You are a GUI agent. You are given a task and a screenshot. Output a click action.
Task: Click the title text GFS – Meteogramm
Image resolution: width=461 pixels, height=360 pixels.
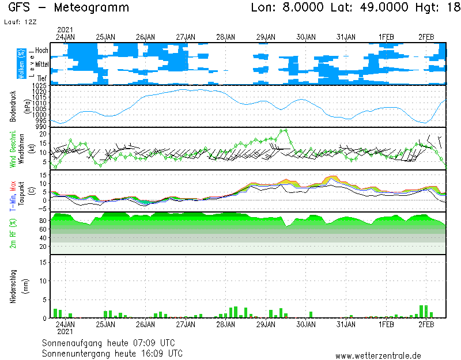pyautogui.click(x=69, y=8)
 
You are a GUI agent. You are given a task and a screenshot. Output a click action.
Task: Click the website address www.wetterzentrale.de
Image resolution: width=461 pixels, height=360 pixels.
pyautogui.click(x=378, y=355)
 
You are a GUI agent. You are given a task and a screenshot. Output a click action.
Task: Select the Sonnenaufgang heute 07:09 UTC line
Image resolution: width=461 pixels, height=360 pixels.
pyautogui.click(x=112, y=343)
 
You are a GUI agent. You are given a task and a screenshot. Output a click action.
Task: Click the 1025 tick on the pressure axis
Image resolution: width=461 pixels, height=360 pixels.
pyautogui.click(x=40, y=86)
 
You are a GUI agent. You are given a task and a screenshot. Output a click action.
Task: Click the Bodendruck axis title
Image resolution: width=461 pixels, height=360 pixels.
pyautogui.click(x=13, y=106)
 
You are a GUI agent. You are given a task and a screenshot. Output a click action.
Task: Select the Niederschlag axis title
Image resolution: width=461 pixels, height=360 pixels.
pyautogui.click(x=13, y=286)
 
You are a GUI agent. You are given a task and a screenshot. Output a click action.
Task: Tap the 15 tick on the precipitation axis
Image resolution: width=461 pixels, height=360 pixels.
pyautogui.click(x=42, y=262)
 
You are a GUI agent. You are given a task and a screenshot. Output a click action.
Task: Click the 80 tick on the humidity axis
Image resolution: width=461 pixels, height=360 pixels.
pyautogui.click(x=42, y=221)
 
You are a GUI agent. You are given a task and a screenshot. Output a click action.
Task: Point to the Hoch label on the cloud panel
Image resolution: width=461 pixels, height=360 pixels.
pyautogui.click(x=41, y=51)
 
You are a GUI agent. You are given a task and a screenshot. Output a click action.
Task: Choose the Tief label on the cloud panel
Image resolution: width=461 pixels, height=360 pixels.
pyautogui.click(x=42, y=78)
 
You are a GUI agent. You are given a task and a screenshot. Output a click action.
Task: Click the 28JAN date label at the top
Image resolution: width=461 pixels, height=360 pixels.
pyautogui.click(x=225, y=37)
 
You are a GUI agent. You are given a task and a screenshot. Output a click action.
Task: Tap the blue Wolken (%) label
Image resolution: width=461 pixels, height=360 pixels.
pyautogui.click(x=21, y=64)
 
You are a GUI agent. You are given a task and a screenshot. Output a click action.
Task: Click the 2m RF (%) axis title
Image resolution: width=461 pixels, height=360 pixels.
pyautogui.click(x=13, y=233)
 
